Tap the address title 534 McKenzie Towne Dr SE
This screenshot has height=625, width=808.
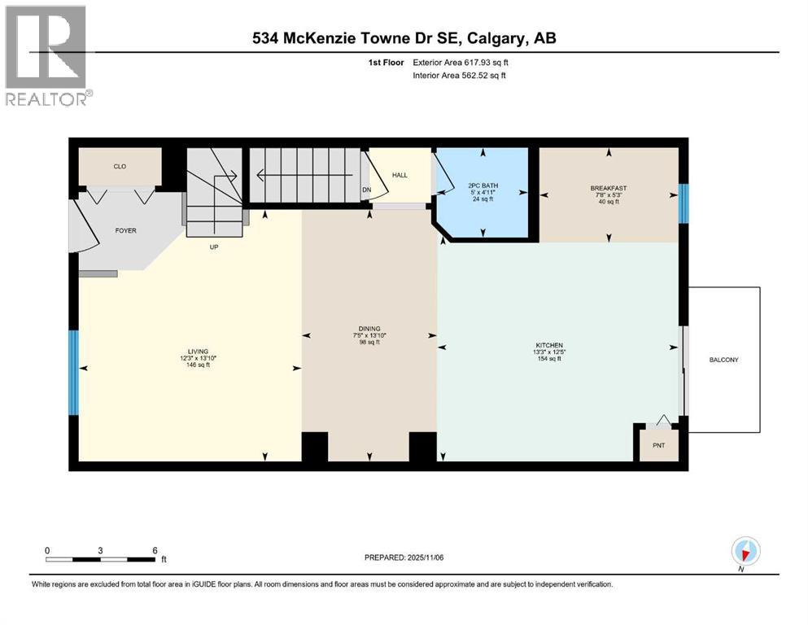coord(404,38)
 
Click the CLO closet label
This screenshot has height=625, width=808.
coord(120,166)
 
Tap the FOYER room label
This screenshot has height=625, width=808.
coord(125,230)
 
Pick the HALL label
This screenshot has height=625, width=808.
coord(400,175)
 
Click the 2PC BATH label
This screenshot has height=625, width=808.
coord(483,186)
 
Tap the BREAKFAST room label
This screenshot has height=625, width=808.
coord(609,188)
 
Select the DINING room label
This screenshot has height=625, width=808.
coord(369,329)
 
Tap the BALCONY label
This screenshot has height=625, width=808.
coord(723,359)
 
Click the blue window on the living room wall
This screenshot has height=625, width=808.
coord(73,372)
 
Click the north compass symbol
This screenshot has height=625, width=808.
coord(745,552)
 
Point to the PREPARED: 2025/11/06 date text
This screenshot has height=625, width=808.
coord(404,557)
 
